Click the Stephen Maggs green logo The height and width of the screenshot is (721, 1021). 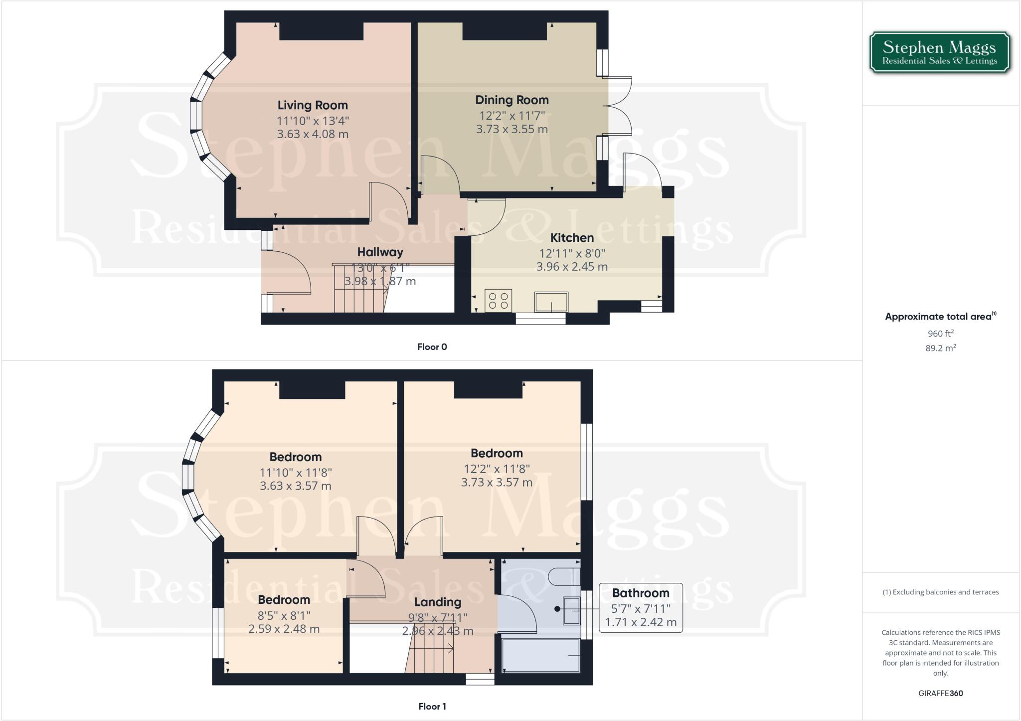click(x=940, y=53)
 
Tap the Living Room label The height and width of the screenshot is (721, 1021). click(x=313, y=105)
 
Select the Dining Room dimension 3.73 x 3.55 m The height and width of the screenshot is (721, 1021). click(x=511, y=129)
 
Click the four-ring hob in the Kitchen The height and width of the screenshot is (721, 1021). click(x=498, y=301)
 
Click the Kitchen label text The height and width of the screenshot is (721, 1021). click(x=572, y=238)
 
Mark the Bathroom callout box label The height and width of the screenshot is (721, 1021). click(x=641, y=593)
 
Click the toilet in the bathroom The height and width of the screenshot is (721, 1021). click(x=564, y=577)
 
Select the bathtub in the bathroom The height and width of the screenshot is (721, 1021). click(x=541, y=656)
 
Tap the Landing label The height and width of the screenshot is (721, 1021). click(x=437, y=602)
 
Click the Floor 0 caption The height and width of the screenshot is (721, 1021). click(x=432, y=347)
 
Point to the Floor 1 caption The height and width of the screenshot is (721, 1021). click(x=432, y=707)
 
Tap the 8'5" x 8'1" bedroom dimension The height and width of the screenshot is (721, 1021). click(x=284, y=615)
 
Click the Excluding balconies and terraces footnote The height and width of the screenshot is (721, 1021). click(x=941, y=592)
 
